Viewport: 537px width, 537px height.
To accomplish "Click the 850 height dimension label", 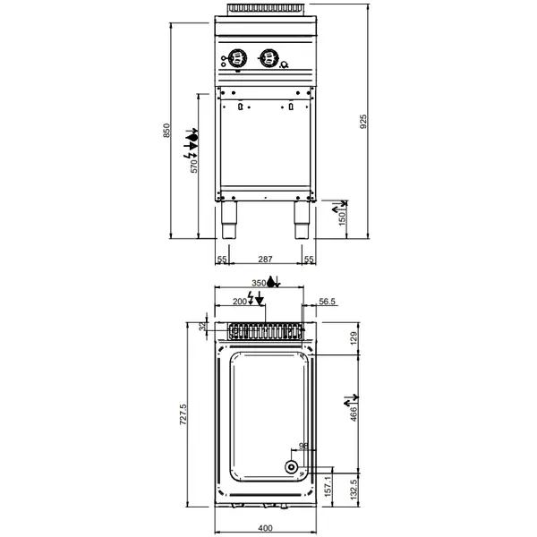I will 165,132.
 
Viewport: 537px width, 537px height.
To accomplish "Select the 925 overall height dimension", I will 362,122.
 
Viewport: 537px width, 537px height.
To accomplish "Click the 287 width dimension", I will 265,259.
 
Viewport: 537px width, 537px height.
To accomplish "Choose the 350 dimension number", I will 260,283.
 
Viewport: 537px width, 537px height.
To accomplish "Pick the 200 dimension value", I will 240,303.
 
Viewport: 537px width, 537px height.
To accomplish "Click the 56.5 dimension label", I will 327,303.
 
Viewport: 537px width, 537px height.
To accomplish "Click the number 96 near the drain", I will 303,446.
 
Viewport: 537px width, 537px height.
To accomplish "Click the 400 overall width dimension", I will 264,528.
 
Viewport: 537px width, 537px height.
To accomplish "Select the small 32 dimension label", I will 202,328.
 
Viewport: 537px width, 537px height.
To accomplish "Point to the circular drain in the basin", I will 292,466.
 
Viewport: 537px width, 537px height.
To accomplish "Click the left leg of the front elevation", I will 229,220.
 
